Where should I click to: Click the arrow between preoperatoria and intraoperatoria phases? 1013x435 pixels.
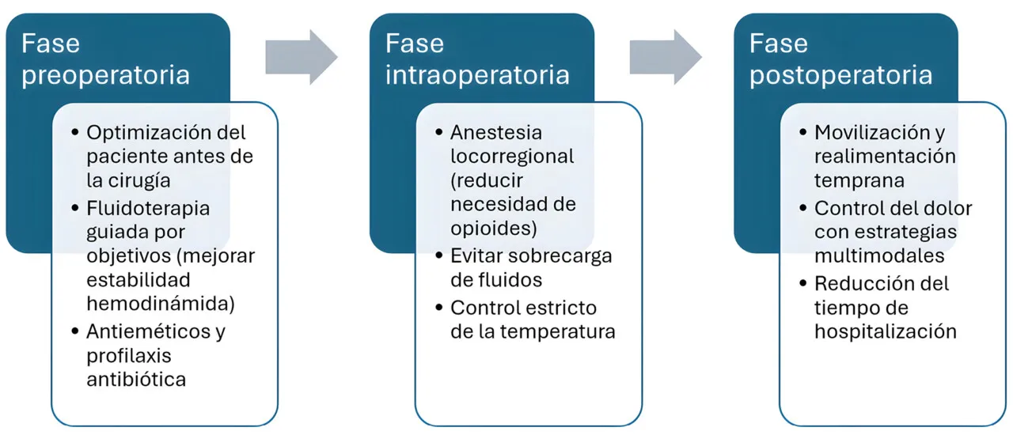coord(302,57)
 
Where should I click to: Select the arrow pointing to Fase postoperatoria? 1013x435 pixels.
coord(666,57)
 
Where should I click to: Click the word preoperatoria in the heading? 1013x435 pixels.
coord(105,75)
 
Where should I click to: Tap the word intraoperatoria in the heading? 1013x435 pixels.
coord(477,74)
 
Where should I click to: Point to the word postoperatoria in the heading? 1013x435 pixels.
coord(840,75)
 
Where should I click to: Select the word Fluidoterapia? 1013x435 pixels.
coord(148,209)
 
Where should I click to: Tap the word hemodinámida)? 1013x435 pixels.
coord(161,304)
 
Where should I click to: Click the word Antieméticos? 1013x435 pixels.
coord(148,331)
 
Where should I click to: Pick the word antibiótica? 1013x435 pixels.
coord(136,380)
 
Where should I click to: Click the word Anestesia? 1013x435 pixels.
coord(496,133)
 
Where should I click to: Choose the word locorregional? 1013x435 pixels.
coord(512,157)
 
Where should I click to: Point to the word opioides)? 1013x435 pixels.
coord(494,229)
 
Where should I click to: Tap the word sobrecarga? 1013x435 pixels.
coord(562,256)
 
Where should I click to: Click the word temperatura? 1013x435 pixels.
coord(557,332)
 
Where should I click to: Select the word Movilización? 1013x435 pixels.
coord(872,133)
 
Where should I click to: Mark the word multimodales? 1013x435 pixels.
coord(879,256)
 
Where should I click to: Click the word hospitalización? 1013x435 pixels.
coord(886,332)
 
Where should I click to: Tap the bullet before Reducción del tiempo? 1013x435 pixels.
coord(802,283)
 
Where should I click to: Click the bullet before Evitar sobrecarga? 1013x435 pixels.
coord(438,255)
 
